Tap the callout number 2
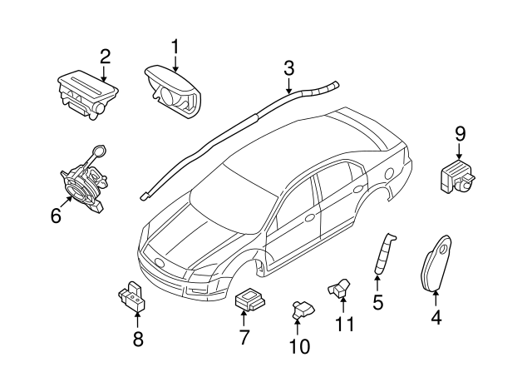click(x=105, y=57)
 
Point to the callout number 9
click(x=460, y=131)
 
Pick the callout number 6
click(x=56, y=216)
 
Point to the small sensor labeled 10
click(x=301, y=311)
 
